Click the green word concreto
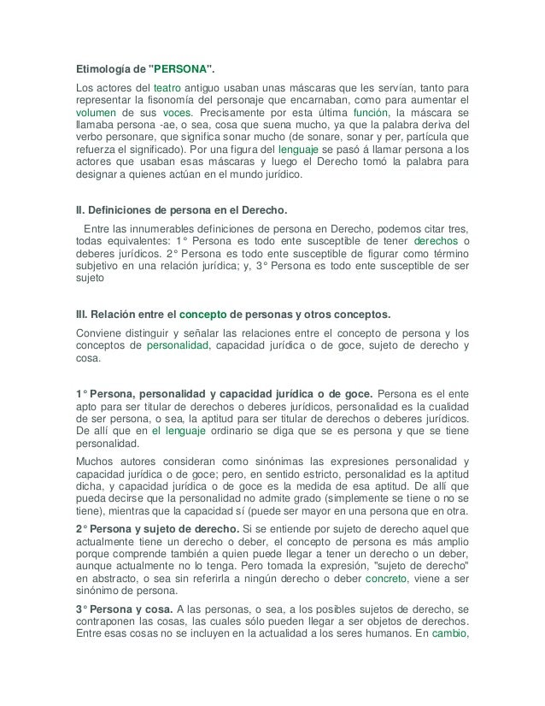click(386, 578)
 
